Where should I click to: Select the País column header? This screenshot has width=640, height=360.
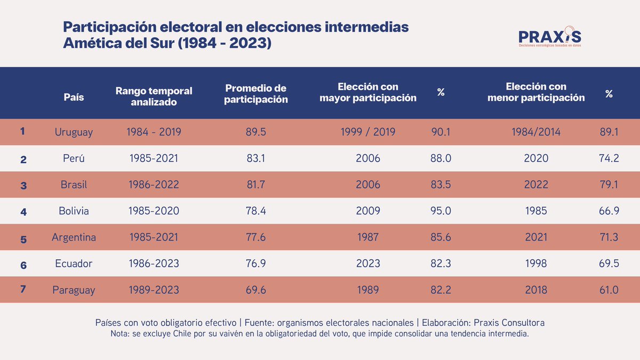(x=74, y=97)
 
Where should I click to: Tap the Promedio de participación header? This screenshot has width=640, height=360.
(x=255, y=93)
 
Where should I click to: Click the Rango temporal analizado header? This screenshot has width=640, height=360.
(x=154, y=97)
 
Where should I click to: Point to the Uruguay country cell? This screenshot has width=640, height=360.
(x=74, y=132)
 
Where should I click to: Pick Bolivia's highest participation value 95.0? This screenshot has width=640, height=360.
(x=441, y=211)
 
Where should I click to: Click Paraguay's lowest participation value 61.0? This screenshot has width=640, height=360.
(x=608, y=290)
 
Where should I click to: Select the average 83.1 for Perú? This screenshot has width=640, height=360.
(x=255, y=158)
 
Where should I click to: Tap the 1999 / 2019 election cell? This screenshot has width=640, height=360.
(x=367, y=132)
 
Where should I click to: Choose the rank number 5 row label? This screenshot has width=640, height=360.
(x=23, y=238)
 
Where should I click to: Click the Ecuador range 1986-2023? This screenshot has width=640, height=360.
(x=154, y=263)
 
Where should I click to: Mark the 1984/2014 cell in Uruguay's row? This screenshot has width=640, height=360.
(x=535, y=132)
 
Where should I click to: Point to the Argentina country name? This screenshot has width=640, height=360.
(x=74, y=237)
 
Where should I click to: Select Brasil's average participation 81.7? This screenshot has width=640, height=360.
(x=255, y=185)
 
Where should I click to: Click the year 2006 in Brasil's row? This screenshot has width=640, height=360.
(x=367, y=185)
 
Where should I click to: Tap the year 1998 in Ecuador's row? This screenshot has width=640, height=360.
(x=535, y=263)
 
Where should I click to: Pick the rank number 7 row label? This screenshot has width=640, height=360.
(x=23, y=290)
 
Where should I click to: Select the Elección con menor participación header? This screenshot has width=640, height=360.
(x=535, y=92)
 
